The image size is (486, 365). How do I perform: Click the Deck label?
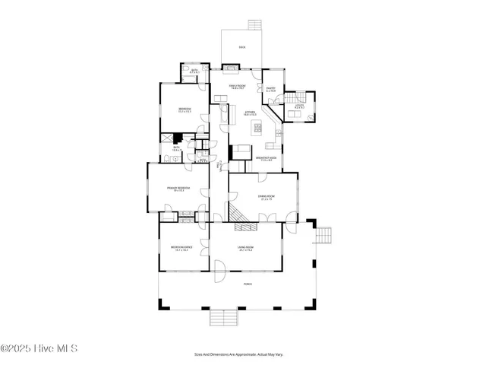pos(242,47)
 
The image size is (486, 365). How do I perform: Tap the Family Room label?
pos(237,87)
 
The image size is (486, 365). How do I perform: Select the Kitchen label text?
pos(250,113)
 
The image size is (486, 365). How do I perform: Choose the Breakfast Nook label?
pos(266,159)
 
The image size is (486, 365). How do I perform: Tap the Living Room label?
pos(245,248)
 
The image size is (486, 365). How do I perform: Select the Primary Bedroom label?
pos(177,189)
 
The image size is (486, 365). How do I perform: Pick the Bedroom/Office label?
pos(180,248)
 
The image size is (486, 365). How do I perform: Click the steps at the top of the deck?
pos(254,24)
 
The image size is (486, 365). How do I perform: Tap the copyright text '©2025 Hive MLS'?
pos(39,349)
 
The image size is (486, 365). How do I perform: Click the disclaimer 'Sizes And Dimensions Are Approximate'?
pos(242,354)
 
